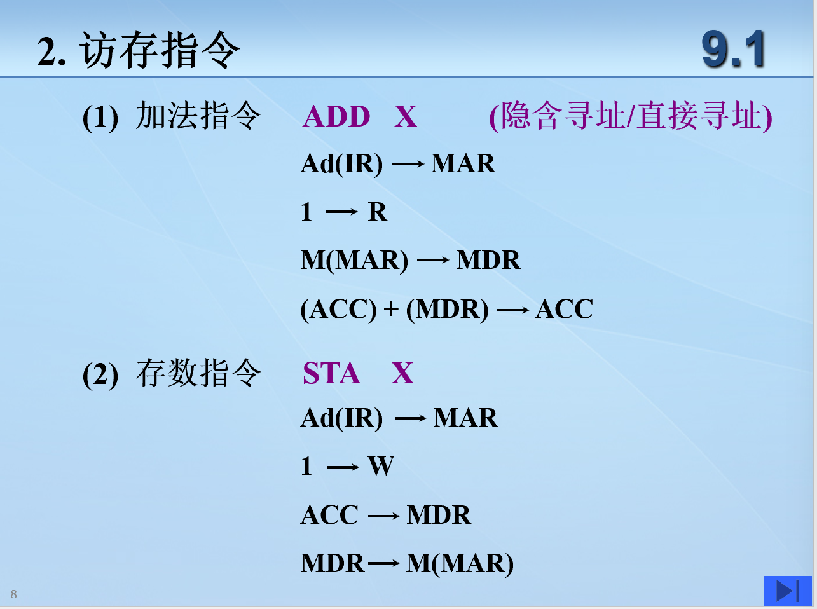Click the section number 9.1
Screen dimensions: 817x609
[x=733, y=50]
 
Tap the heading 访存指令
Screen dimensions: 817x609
[x=160, y=50]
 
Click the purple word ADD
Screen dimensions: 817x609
[x=336, y=116]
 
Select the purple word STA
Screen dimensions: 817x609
[x=331, y=373]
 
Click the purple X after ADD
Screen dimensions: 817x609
[x=406, y=116]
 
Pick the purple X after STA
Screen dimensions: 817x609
[x=402, y=373]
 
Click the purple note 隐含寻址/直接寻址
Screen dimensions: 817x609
[x=631, y=116]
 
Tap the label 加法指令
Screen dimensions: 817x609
[x=198, y=116]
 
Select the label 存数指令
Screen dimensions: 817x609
[x=198, y=373]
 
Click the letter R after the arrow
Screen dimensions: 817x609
[x=378, y=212]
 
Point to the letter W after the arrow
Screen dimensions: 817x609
[x=381, y=466]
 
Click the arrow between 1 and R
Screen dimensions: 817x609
[x=341, y=212]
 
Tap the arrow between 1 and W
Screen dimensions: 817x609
[x=343, y=467]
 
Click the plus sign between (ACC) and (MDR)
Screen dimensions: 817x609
[x=391, y=309]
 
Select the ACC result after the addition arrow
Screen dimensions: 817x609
[x=564, y=309]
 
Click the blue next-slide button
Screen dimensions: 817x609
[x=788, y=591]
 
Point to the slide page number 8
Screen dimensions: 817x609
[x=14, y=594]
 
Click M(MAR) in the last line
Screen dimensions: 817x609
[x=460, y=563]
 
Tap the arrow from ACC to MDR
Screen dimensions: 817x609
[x=384, y=516]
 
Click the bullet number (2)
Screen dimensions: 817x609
[x=100, y=375]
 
